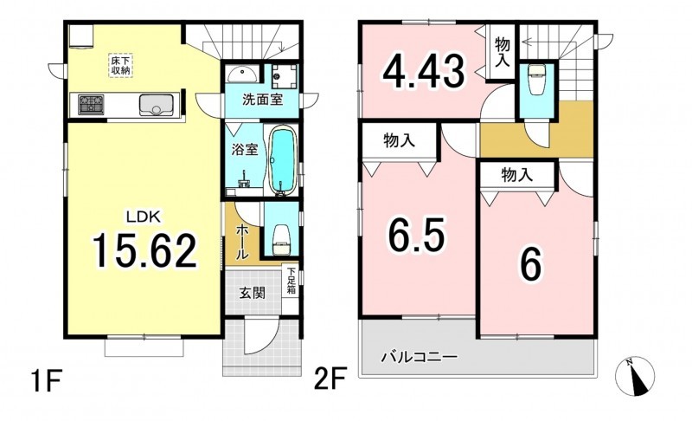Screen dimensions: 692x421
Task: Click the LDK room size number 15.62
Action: tap(144, 251)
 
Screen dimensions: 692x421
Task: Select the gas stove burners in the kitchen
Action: tap(91, 105)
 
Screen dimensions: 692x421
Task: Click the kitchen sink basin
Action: tap(156, 105)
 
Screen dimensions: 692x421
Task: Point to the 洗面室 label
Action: tap(263, 100)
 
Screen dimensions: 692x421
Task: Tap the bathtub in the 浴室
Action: tap(281, 160)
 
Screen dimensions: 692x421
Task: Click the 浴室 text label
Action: tap(245, 150)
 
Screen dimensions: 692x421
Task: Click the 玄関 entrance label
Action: tap(253, 293)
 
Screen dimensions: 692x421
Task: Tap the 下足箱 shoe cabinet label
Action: tap(292, 282)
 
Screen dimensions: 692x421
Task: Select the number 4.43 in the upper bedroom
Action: tap(424, 71)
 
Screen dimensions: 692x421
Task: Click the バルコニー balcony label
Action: tap(420, 357)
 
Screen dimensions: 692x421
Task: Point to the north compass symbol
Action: tap(635, 376)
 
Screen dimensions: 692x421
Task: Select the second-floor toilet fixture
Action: tap(536, 80)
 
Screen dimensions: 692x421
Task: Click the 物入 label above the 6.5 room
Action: tap(400, 140)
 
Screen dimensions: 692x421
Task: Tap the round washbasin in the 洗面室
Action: tap(242, 74)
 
